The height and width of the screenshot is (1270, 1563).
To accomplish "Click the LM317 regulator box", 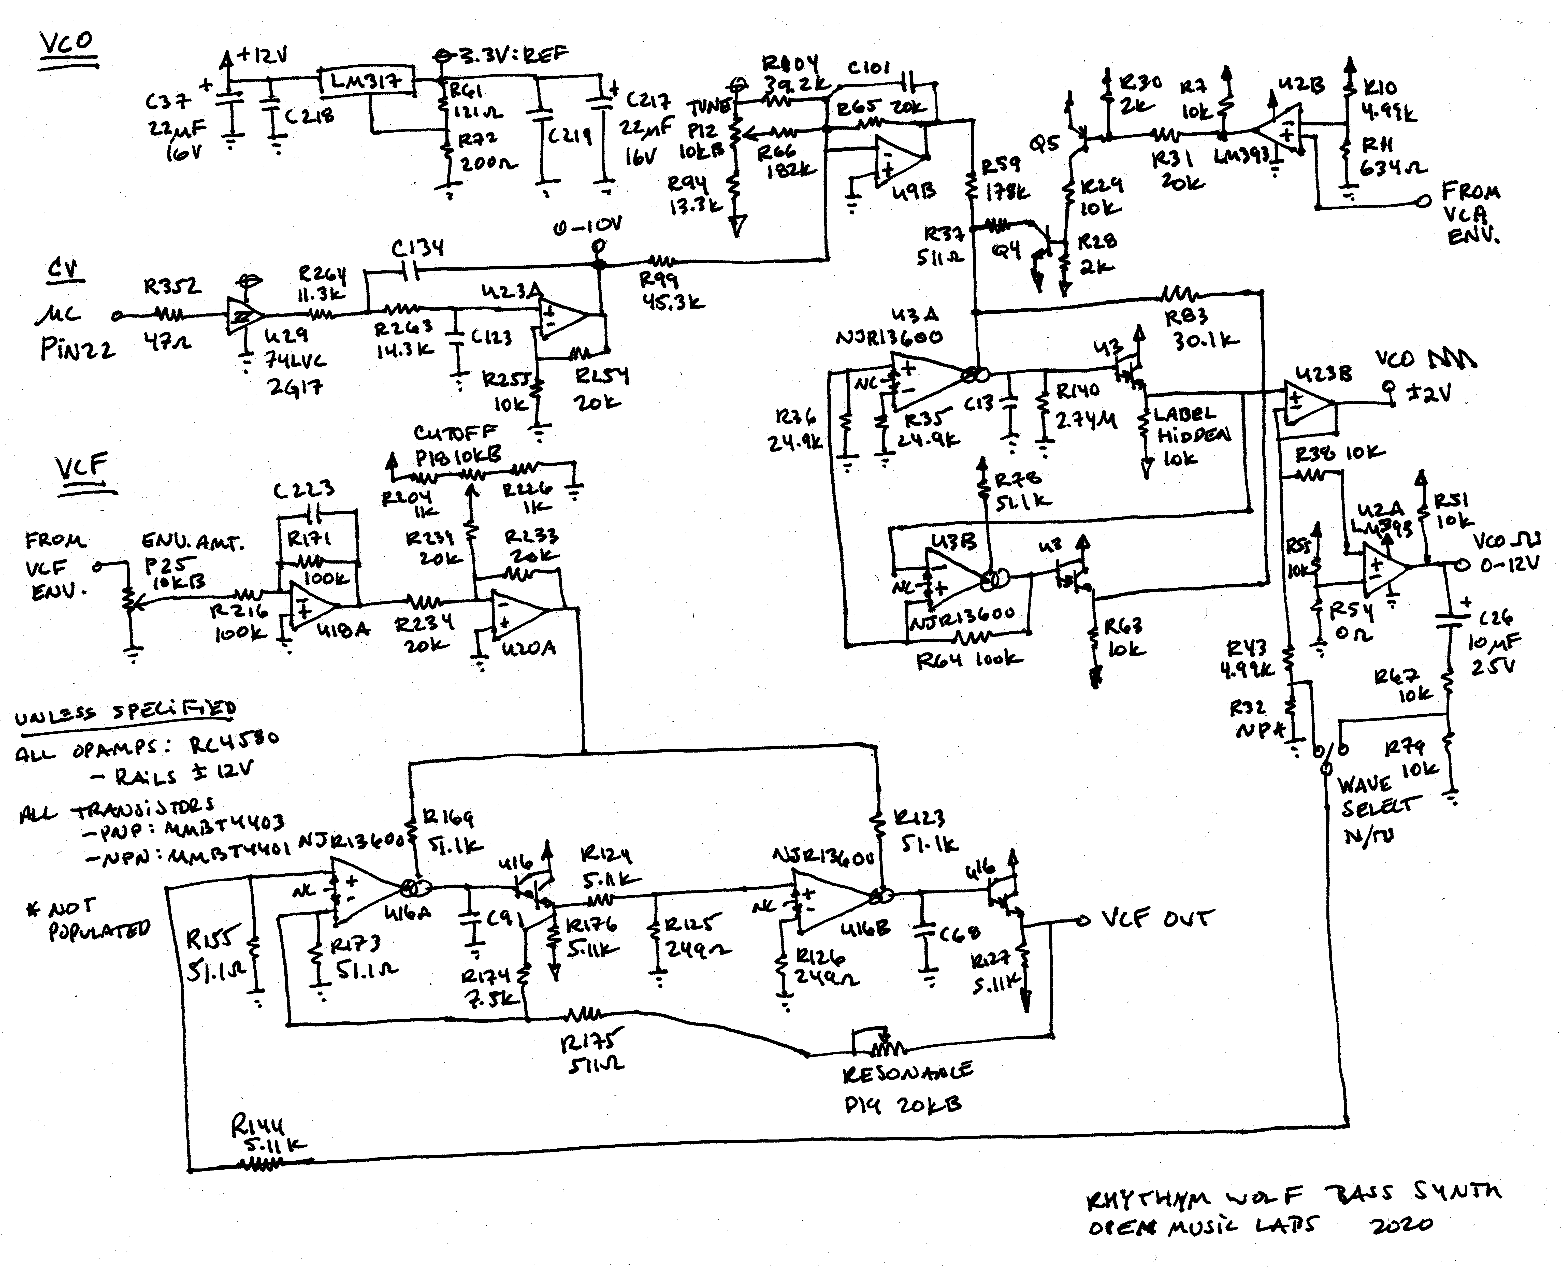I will [366, 80].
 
